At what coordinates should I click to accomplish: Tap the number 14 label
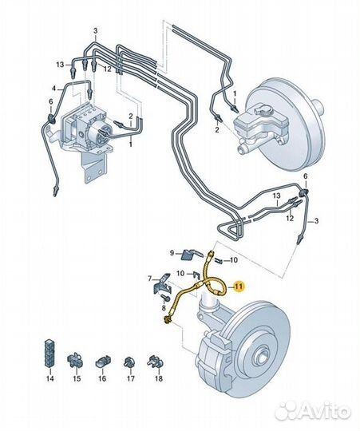[49, 378]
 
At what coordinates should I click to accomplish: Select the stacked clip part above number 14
[49, 354]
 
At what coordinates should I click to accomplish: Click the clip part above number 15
[74, 360]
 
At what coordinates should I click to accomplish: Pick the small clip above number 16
[103, 362]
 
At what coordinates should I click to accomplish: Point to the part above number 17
[129, 362]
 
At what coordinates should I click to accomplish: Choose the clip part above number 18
[156, 361]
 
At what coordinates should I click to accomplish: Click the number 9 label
[172, 253]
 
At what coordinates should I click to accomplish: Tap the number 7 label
[150, 279]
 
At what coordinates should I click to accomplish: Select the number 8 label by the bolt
[164, 308]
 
